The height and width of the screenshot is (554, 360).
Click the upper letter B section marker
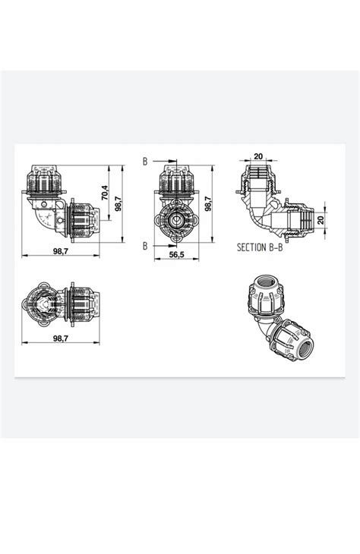(144, 161)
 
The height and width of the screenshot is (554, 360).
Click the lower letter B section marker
(144, 245)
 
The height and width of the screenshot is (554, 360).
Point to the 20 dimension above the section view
(258, 156)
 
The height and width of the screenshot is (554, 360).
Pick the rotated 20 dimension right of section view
(321, 219)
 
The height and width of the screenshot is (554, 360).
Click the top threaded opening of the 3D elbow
(267, 287)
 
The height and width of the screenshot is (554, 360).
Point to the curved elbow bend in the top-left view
(38, 220)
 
